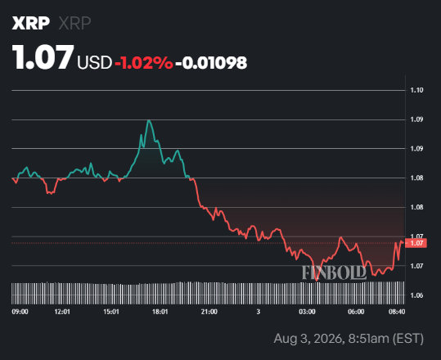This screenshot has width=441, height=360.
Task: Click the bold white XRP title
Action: point(30,23)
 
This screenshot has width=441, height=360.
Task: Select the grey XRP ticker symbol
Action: point(74,23)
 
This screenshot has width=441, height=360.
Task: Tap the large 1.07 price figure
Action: point(43,57)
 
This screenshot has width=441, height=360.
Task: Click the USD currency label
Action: point(95,62)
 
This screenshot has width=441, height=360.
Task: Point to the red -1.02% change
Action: point(144,62)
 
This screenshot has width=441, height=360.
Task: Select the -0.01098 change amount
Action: point(211,62)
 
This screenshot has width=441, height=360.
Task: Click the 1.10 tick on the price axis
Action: point(416,90)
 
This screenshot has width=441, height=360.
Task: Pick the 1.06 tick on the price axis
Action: point(416,295)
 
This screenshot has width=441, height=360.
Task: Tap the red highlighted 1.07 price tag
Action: point(416,243)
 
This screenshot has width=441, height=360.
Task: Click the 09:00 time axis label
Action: point(20,312)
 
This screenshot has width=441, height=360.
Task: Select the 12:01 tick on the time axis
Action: point(62,312)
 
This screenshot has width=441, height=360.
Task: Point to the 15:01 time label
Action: point(111,312)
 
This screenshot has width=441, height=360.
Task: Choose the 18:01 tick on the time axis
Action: point(160,312)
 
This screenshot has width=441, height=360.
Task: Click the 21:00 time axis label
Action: point(209,312)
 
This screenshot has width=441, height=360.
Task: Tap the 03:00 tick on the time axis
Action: point(307,312)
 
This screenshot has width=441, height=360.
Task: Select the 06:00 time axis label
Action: point(356,312)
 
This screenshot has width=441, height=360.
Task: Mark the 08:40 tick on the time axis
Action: point(397,312)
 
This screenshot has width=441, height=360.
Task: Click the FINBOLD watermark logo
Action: point(334,272)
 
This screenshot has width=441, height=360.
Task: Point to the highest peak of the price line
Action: point(149,120)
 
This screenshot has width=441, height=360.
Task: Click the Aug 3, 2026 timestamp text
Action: point(349,339)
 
